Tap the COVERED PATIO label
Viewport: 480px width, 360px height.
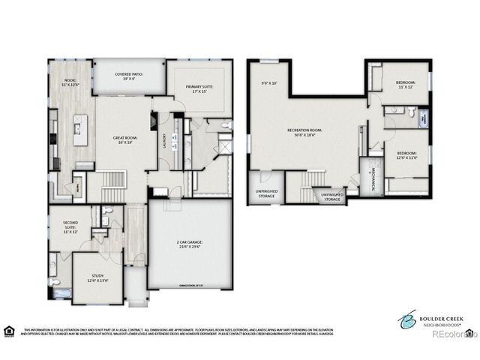pos(130,76)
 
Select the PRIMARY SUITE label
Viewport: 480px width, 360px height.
pos(199,88)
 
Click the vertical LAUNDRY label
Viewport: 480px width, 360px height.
pos(164,140)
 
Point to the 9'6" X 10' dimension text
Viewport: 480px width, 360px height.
pos(268,82)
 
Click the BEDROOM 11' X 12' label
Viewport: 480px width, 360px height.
pos(405,84)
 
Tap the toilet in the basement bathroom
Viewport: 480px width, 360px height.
pos(412,112)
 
